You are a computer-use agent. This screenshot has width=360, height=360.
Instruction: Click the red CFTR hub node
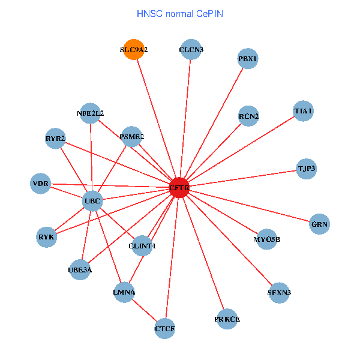[x=179, y=188]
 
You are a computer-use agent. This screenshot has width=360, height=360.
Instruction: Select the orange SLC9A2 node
[x=133, y=50]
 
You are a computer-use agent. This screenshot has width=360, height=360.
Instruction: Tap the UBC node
[x=92, y=200]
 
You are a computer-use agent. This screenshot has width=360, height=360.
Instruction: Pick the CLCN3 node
[x=191, y=50]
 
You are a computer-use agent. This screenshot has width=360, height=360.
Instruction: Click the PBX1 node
[x=248, y=59]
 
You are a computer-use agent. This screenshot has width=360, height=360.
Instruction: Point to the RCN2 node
[x=248, y=116]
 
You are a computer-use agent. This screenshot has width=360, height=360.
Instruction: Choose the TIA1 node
[x=304, y=111]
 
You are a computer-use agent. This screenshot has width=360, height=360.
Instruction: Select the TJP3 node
[x=306, y=169]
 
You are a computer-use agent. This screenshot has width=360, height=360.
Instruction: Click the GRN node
[x=320, y=224]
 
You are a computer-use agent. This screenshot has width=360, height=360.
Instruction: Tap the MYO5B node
[x=266, y=239]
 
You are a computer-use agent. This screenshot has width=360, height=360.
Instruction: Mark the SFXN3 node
[x=280, y=293]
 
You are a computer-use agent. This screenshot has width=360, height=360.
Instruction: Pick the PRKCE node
[x=227, y=319]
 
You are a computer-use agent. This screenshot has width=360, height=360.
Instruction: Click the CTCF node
[x=164, y=328]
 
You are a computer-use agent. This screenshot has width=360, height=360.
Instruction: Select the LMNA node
[x=124, y=292]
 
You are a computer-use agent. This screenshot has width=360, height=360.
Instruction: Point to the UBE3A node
[x=80, y=269]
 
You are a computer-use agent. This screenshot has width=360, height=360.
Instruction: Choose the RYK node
[x=46, y=236]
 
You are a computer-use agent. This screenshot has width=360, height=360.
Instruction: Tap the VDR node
[x=41, y=183]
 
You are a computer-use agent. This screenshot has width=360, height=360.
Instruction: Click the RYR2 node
[x=55, y=139]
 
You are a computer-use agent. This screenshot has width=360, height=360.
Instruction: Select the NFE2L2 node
[x=90, y=113]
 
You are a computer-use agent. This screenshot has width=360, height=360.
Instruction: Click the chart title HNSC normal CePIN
[x=180, y=13]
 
